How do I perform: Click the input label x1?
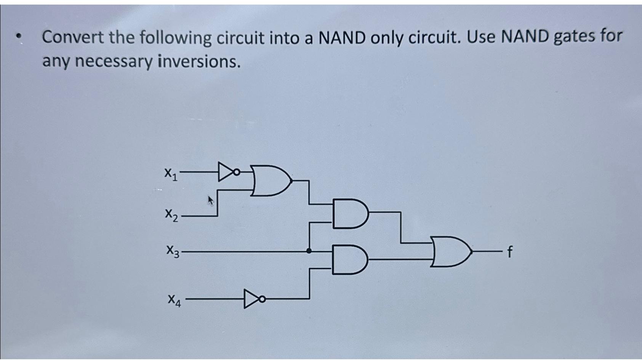tap(171, 174)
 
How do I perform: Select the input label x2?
tap(171, 214)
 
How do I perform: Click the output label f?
tap(510, 252)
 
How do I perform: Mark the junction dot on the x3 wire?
tap(309, 251)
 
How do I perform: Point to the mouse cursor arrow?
tap(210, 200)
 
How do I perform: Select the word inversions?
tap(199, 61)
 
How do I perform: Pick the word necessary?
tap(114, 62)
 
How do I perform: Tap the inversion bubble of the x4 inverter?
tap(261, 299)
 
